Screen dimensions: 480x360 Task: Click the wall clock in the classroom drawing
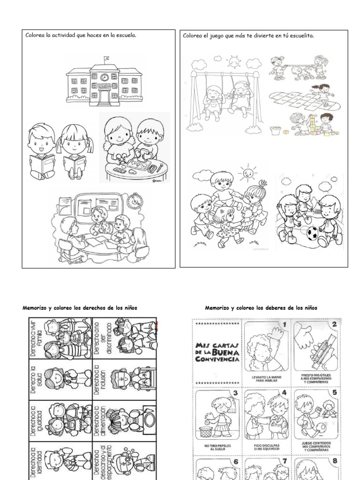pyautogui.click(x=135, y=200)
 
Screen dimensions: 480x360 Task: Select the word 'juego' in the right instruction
pyautogui.click(x=218, y=36)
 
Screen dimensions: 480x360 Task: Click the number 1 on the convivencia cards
pyautogui.click(x=283, y=324)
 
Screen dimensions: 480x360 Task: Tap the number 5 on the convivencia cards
pyautogui.click(x=334, y=393)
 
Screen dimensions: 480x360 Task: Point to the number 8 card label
pyautogui.click(x=334, y=461)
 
